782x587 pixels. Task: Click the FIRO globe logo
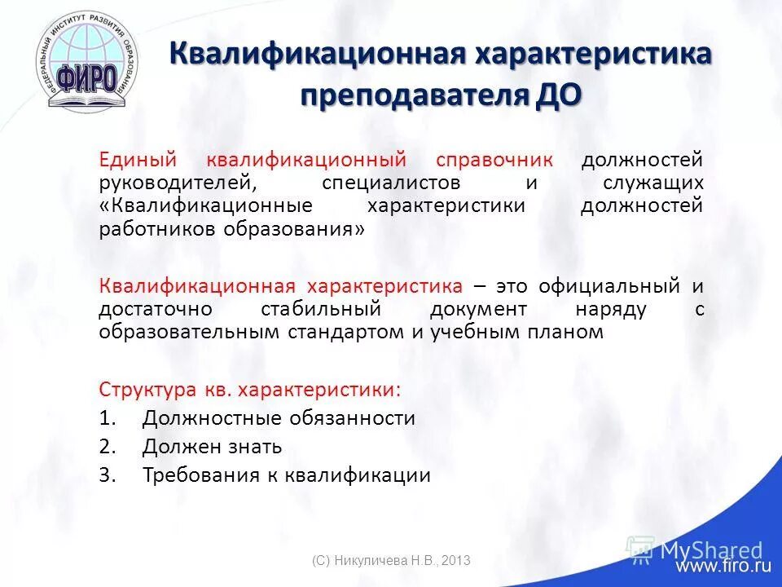pyautogui.click(x=87, y=65)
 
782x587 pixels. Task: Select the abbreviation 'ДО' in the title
pyautogui.click(x=559, y=95)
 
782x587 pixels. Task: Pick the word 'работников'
pyautogui.click(x=150, y=229)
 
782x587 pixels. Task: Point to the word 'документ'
pyautogui.click(x=481, y=310)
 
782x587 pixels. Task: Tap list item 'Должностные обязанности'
pyautogui.click(x=279, y=418)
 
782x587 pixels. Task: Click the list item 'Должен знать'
pyautogui.click(x=212, y=447)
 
